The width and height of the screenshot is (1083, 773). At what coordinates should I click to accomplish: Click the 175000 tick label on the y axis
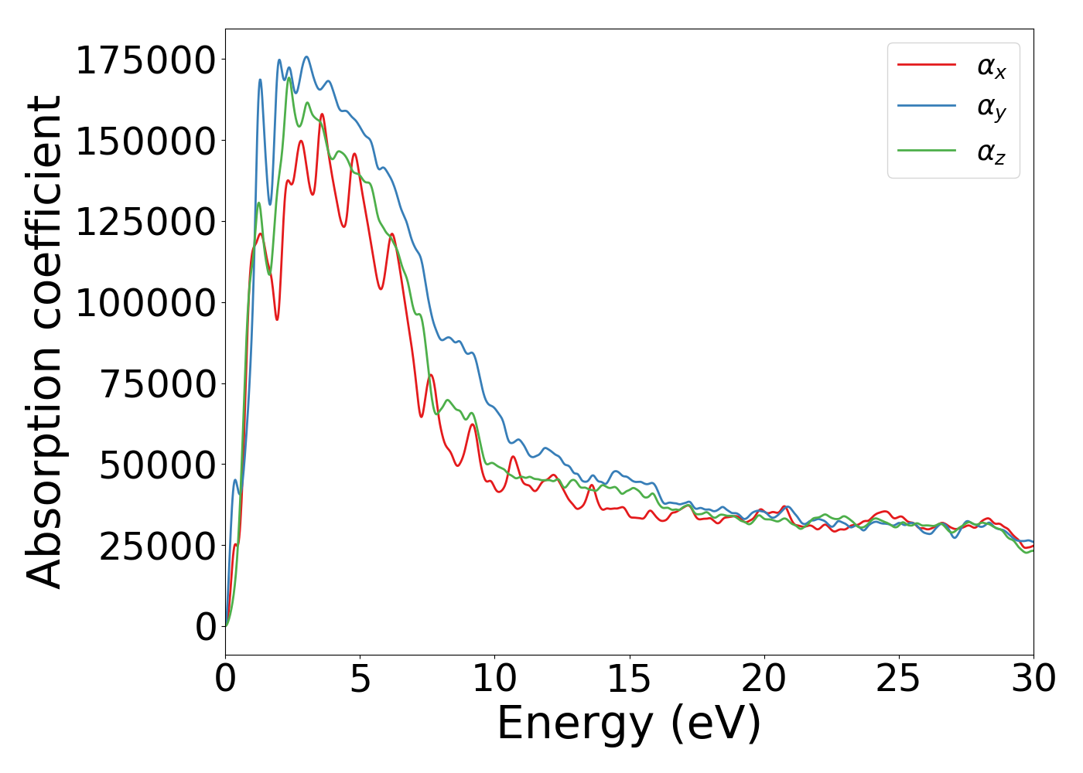coord(145,61)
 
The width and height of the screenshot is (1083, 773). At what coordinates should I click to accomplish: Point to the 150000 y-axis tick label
coord(145,141)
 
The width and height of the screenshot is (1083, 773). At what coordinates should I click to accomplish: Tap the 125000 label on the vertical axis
coord(145,223)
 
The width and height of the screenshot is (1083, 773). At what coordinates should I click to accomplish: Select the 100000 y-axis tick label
coord(145,303)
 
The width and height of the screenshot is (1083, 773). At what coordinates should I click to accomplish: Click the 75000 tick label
coord(158,384)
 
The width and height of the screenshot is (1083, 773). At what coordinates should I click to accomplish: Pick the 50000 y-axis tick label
coord(158,465)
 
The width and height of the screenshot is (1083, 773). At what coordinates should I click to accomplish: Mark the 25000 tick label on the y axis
coord(158,546)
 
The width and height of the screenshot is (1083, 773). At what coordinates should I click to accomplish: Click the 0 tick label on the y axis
coord(206,627)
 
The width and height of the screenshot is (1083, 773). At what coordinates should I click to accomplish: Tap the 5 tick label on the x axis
coord(360,679)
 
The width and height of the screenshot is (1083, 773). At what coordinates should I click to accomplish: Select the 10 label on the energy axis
coord(495,679)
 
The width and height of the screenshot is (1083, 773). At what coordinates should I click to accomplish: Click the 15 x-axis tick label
coord(630,679)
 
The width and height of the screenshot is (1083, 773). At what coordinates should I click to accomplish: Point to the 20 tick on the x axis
coord(764,679)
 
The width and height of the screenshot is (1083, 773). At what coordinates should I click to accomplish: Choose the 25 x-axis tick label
coord(899,679)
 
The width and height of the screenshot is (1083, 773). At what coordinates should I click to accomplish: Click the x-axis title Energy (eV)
coord(629,724)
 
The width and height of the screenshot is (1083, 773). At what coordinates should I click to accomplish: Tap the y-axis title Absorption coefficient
coord(44,342)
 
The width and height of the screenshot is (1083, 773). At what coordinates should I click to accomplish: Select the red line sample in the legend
coord(927,65)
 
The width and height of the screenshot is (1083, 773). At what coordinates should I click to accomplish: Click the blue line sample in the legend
coord(927,107)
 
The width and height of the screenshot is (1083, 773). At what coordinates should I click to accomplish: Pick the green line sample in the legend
coord(927,150)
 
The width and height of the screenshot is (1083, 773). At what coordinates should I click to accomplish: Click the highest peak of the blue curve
coord(306,56)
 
